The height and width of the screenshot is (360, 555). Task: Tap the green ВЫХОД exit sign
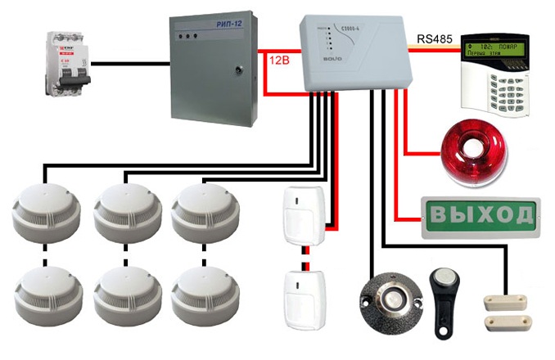(478, 215)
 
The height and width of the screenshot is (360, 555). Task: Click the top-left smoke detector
(45, 210)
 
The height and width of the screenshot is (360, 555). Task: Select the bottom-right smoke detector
(201, 292)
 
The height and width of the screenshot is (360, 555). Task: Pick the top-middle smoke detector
(124, 210)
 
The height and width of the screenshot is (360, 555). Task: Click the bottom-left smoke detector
(45, 292)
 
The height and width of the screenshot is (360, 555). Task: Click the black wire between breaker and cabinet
(131, 63)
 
